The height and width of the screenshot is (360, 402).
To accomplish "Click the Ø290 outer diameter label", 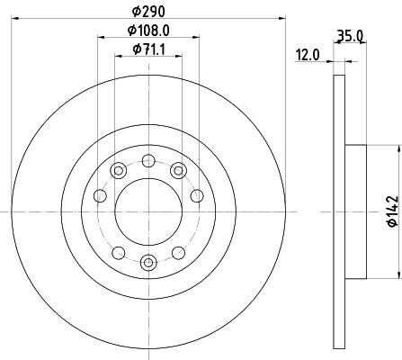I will point(148,12).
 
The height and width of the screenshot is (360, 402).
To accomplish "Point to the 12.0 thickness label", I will point(309,56).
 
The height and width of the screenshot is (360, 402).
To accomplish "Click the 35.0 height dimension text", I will point(349,38).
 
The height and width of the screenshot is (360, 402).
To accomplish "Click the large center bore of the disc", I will point(148,211).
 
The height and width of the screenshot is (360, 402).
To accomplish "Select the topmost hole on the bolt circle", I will point(148,161).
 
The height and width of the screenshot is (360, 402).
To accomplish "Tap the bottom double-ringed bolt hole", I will point(148,262).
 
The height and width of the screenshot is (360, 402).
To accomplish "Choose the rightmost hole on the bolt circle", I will point(196,196).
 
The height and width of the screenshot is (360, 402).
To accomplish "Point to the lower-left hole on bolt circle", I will point(119,252).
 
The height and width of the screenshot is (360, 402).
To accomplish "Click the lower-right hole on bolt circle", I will point(178,252).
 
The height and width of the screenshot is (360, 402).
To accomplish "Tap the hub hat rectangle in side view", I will point(355,211).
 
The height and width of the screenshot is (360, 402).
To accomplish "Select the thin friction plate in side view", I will point(339,211).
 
